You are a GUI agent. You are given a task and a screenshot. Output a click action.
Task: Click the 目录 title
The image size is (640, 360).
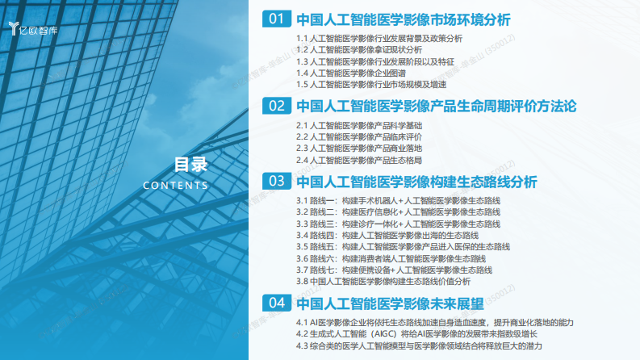click(191, 165)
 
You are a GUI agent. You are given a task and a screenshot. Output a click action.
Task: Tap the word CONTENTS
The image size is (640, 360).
click(175, 186)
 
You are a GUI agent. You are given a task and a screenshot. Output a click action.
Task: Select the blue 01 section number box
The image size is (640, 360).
click(277, 19)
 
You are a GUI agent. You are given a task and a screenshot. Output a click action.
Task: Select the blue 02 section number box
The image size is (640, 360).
click(277, 106)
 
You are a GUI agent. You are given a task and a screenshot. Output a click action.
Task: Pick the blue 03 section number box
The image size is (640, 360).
click(277, 181)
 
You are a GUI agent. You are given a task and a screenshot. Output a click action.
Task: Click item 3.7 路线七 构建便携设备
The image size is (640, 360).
click(394, 270)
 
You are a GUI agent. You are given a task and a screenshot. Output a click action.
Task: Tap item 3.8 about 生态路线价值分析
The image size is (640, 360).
click(383, 282)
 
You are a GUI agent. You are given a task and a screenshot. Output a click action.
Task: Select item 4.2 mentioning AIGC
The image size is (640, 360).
click(416, 333)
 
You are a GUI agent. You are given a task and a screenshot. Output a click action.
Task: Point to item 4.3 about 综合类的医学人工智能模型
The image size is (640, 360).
click(418, 345)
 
